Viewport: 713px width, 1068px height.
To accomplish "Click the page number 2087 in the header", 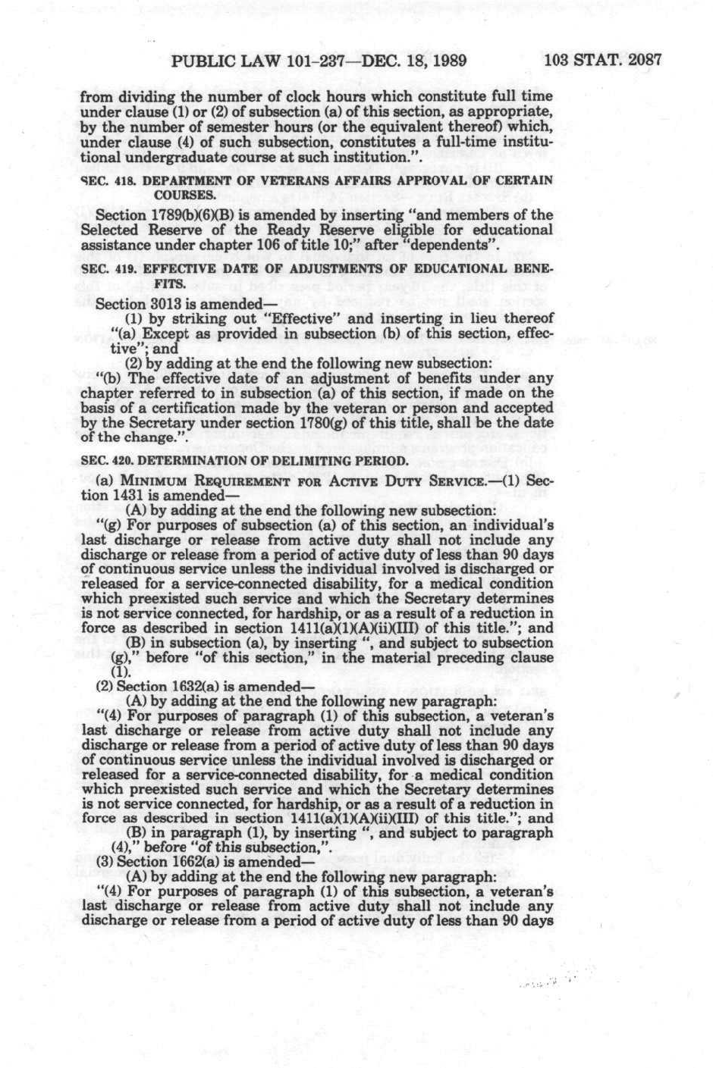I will [642, 61].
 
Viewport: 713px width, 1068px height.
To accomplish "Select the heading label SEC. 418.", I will [105, 180].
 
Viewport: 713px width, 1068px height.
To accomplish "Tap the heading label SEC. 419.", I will [105, 269].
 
